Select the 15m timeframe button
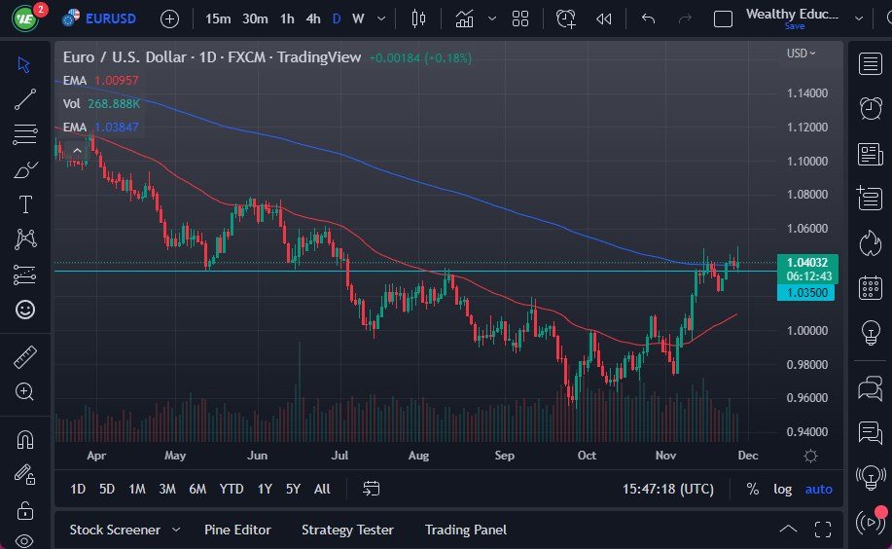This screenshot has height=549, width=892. [x=219, y=18]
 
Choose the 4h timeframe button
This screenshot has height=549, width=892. [x=313, y=18]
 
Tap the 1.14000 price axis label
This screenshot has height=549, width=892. [x=807, y=93]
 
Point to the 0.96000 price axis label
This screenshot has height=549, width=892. [x=807, y=398]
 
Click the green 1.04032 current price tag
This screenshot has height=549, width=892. [x=805, y=262]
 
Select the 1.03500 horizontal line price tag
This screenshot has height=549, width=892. [x=805, y=292]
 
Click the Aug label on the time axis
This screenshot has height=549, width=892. [x=419, y=455]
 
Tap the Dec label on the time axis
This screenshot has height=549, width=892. [x=747, y=455]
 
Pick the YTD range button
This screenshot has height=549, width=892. [x=232, y=489]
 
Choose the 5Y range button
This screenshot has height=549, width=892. [x=293, y=489]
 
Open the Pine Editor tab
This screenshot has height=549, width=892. [x=237, y=530]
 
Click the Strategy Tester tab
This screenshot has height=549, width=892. [x=347, y=530]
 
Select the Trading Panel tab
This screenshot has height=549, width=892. [x=466, y=530]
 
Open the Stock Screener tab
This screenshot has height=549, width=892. [x=115, y=530]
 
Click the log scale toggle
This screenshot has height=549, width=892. [x=783, y=489]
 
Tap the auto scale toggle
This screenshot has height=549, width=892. [x=818, y=489]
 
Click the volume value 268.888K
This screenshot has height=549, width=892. [x=116, y=103]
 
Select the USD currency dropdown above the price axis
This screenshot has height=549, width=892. [x=802, y=54]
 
